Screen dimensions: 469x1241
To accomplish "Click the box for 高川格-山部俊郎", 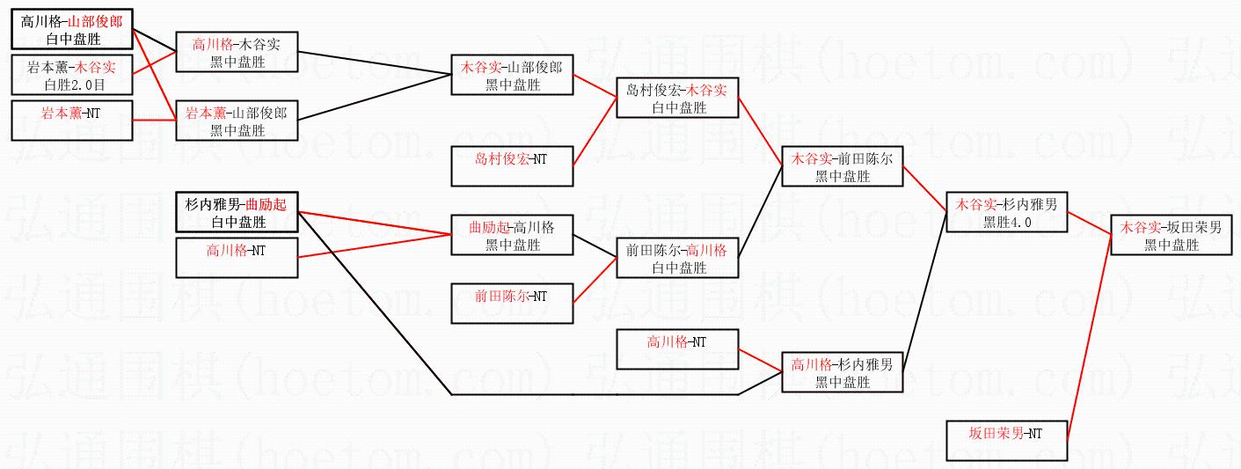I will point(72,30).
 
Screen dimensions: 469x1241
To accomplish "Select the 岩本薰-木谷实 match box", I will point(72,75).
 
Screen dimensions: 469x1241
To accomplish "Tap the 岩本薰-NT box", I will point(72,120).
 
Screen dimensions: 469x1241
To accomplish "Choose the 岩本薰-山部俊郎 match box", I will point(237,121).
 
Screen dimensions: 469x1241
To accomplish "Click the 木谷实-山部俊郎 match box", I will point(513,76).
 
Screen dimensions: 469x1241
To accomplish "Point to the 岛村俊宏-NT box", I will point(513,165).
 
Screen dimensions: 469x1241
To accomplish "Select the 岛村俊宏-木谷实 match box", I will point(677,99).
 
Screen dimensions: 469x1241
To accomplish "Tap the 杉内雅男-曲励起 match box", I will point(237,212).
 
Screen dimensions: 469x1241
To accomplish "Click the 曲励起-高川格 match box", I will point(513,235).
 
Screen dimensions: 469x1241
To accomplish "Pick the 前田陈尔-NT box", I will point(513,304).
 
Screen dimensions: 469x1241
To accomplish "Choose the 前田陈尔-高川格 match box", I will point(677,258).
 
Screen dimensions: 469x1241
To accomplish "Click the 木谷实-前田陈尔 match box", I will point(843,166).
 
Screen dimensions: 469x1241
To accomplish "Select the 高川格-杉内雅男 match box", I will point(843,372).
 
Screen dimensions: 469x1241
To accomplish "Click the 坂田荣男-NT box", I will point(1007,440).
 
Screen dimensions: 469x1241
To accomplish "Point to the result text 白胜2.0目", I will point(72,84).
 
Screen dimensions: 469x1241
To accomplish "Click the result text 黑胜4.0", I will point(1007,223).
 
